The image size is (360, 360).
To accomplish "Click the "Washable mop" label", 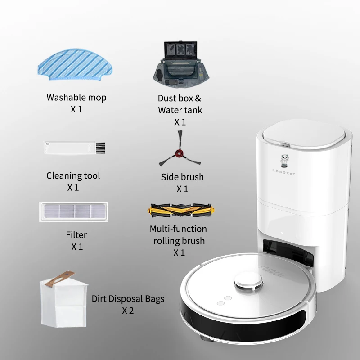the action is tap(76, 97).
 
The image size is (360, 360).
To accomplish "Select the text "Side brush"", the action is tap(182, 177).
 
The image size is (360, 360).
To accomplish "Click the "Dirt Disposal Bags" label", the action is tap(128, 298).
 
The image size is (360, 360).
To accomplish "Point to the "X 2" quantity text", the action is tap(128, 310).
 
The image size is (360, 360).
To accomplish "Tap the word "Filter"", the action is tap(76, 234).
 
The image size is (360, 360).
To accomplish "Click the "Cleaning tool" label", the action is tap(73, 175).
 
